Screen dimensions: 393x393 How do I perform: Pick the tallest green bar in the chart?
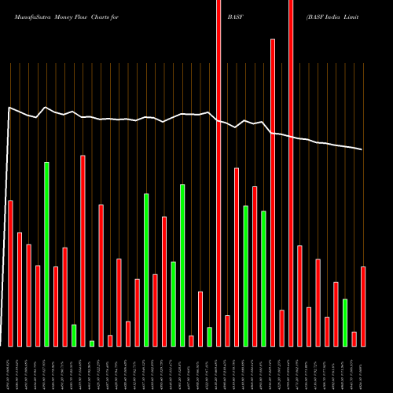click(x=46, y=253)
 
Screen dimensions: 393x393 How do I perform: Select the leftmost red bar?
click(x=10, y=273)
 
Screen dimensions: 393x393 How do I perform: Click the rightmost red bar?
click(x=363, y=306)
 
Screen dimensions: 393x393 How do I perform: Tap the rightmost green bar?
click(x=345, y=321)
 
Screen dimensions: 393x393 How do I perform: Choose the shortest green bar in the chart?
click(x=92, y=343)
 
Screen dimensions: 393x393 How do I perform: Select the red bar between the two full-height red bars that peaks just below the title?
click(x=273, y=192)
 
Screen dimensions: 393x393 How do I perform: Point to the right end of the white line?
click(x=362, y=149)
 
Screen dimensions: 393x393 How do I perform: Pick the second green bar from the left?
click(x=74, y=335)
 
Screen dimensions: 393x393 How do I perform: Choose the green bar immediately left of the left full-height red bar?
click(x=209, y=336)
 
